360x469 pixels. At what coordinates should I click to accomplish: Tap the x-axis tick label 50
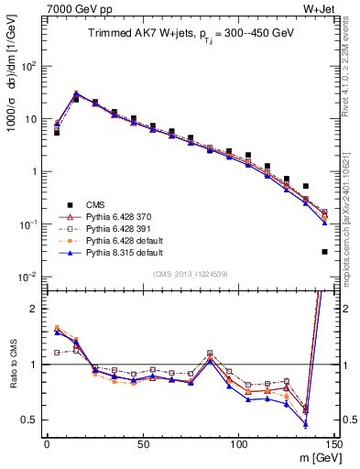[142, 442]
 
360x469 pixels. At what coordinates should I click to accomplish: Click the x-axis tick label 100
[238, 442]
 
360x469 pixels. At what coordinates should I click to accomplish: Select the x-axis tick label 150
[333, 442]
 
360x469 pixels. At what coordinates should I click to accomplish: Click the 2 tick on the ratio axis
[34, 309]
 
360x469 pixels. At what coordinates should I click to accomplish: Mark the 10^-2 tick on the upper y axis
[27, 277]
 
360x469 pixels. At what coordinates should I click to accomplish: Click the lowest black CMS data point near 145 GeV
[324, 252]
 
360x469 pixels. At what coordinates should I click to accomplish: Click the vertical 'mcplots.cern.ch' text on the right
[351, 220]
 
